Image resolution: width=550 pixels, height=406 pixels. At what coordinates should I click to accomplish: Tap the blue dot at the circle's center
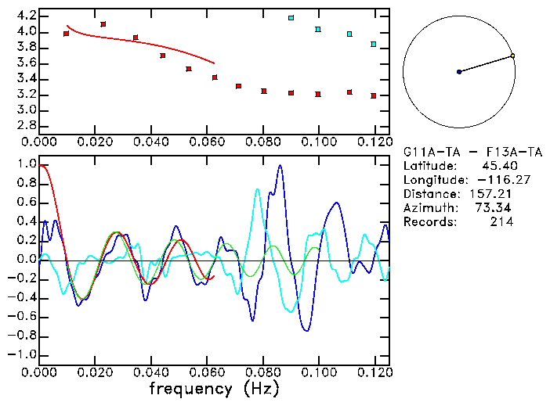coord(459,72)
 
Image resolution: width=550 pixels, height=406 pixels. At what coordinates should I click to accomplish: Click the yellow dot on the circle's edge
coord(512,56)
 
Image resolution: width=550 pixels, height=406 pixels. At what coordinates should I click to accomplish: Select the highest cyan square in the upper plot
coord(291,17)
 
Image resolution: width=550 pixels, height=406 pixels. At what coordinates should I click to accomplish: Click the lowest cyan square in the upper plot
coord(374,45)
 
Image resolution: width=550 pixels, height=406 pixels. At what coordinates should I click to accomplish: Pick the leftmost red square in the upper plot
coord(66,34)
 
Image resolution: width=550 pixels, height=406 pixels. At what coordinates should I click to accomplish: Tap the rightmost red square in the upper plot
coord(374,95)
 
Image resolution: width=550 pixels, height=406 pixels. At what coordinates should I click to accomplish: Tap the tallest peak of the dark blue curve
coord(280,166)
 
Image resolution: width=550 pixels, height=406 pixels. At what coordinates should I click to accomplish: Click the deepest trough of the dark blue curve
coord(306,331)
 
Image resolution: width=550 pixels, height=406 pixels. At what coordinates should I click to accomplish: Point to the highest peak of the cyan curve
coord(257,189)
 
